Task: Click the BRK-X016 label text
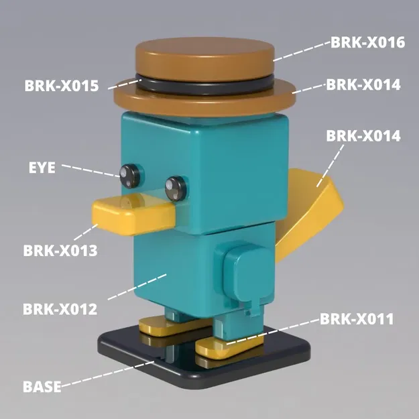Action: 367,42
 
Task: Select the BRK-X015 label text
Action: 62,86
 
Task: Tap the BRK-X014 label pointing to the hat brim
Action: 363,85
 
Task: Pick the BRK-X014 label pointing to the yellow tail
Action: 363,135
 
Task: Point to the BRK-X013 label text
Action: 60,251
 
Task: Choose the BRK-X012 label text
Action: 60,309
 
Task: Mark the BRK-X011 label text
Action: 356,318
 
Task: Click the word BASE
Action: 42,386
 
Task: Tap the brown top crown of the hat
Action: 204,55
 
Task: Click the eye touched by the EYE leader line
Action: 129,174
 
